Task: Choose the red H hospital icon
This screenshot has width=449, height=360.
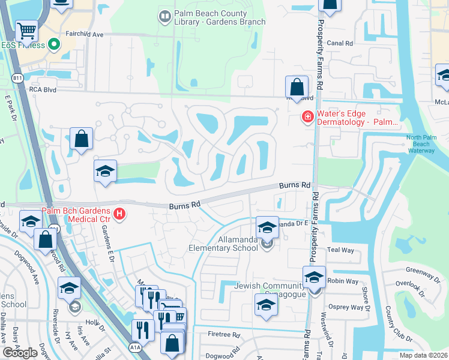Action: coord(119,214)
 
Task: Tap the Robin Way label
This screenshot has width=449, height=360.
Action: coord(339,280)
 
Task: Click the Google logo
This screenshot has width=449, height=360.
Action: coord(20,353)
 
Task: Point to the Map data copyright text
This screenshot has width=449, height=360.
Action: coord(423,355)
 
